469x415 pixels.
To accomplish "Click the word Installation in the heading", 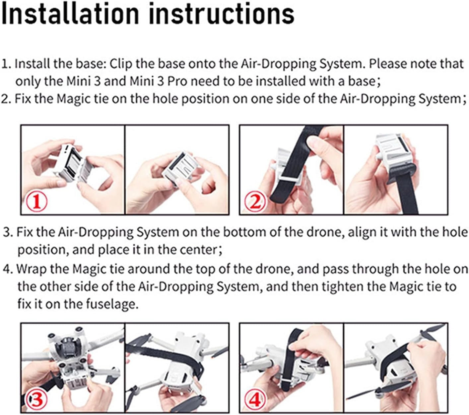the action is pyautogui.click(x=70, y=14).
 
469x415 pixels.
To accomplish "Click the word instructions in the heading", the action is pyautogui.click(x=222, y=14).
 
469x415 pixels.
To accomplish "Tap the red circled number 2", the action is pyautogui.click(x=255, y=202).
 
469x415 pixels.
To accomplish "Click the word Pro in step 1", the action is pyautogui.click(x=177, y=81).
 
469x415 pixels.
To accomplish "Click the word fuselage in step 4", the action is pyautogui.click(x=112, y=304).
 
